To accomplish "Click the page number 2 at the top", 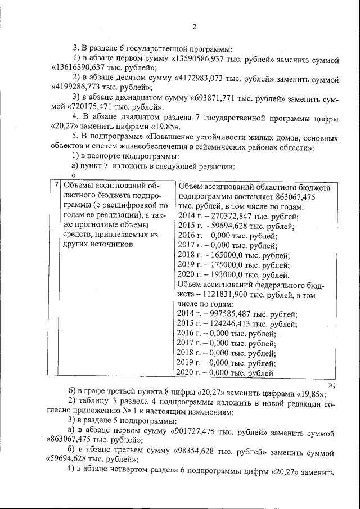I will click(193, 26).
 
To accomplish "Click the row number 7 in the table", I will click(57, 186).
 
